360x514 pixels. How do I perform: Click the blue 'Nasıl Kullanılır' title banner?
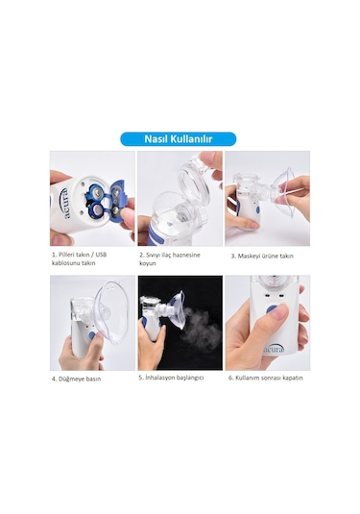(x=179, y=139)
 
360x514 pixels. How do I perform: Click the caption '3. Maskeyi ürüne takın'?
(x=262, y=256)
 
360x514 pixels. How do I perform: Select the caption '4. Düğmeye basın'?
(x=77, y=379)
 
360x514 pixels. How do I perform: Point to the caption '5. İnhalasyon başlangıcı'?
(x=171, y=378)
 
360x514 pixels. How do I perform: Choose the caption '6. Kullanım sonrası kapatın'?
(x=266, y=378)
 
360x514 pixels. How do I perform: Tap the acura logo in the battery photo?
(x=64, y=204)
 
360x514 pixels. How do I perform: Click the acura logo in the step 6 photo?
(x=275, y=350)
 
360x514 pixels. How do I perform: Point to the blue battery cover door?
(x=117, y=201)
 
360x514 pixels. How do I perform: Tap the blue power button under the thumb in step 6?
(x=272, y=309)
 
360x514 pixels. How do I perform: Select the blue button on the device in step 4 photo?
(x=92, y=335)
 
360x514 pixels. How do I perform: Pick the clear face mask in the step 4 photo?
(x=111, y=311)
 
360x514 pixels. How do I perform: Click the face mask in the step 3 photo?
(x=286, y=192)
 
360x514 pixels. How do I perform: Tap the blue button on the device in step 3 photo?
(x=258, y=209)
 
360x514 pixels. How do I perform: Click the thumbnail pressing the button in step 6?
(x=279, y=310)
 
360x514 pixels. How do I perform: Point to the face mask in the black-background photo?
(x=178, y=309)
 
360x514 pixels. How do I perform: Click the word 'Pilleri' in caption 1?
(x=68, y=255)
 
